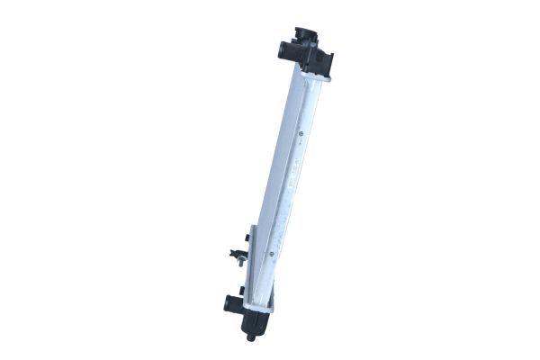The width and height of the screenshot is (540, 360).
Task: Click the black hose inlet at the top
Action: pyautogui.click(x=286, y=46)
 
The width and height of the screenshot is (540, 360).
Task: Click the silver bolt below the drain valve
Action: pyautogui.click(x=240, y=264)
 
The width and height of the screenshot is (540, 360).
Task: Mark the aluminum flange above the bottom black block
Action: pyautogui.click(x=258, y=309)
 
